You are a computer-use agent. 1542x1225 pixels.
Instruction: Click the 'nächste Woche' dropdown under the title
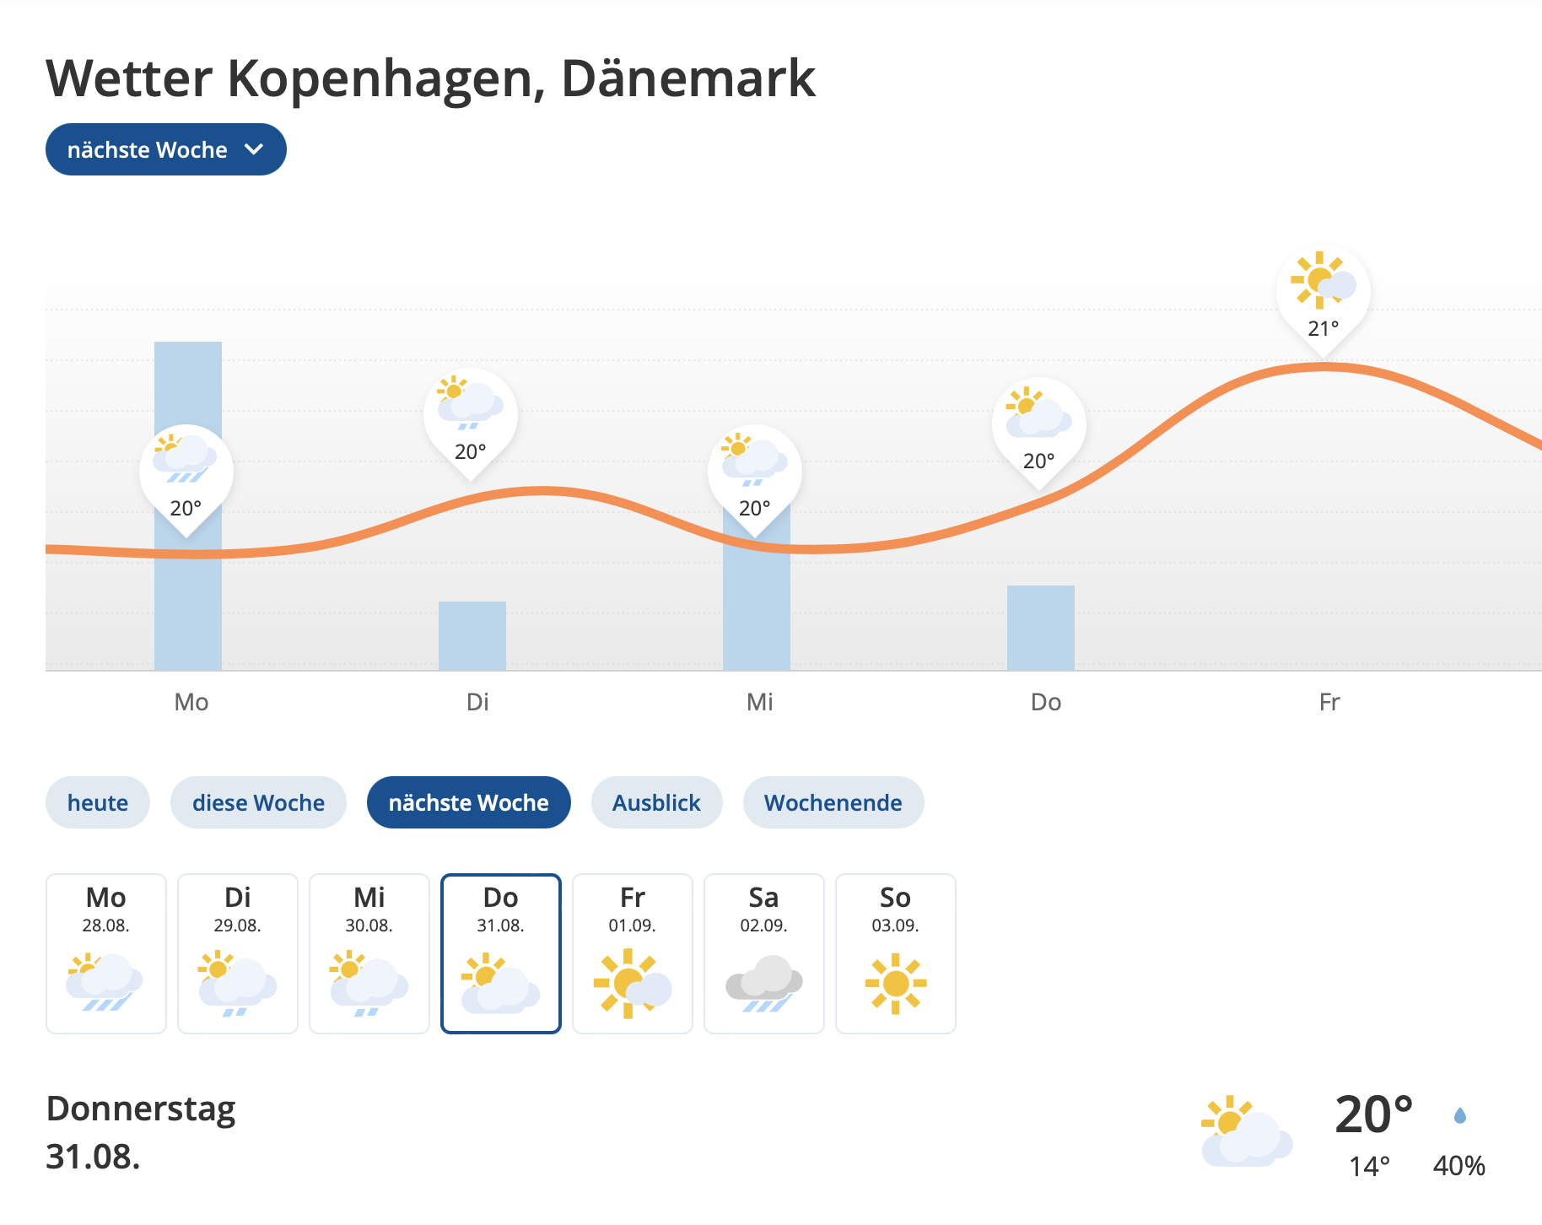[x=165, y=149]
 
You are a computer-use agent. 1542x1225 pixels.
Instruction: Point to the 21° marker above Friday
[x=1323, y=295]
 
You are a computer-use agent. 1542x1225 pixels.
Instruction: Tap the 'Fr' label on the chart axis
[x=1329, y=702]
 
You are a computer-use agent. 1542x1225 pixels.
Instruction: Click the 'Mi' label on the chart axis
[x=759, y=702]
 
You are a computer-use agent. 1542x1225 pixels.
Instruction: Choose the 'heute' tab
[x=98, y=802]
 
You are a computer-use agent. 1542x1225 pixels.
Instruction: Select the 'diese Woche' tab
[x=258, y=802]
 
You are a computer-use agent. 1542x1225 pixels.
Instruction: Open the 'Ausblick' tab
[x=656, y=802]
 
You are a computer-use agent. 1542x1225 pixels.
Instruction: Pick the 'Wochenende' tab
[x=833, y=802]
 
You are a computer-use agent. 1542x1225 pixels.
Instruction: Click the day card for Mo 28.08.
[x=106, y=953]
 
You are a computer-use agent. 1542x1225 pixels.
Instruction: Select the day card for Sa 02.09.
[x=764, y=953]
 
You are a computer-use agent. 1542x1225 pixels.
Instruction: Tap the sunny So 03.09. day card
[x=896, y=953]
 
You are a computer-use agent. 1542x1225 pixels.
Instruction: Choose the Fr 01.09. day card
[x=633, y=953]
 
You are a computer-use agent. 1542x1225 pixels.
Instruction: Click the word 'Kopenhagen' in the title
[x=380, y=78]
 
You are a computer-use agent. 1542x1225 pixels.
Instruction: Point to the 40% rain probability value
[x=1458, y=1166]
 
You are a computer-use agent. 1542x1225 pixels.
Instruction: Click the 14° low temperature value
[x=1369, y=1166]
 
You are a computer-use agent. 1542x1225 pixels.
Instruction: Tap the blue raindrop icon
[x=1460, y=1116]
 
